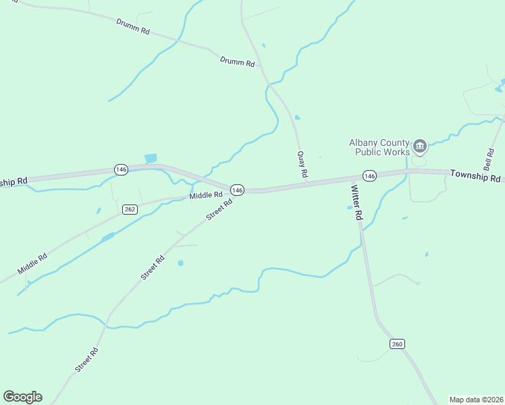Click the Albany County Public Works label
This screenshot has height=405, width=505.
pyautogui.click(x=379, y=147)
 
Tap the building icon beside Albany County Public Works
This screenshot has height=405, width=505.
pyautogui.click(x=419, y=146)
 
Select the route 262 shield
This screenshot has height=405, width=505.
pyautogui.click(x=130, y=209)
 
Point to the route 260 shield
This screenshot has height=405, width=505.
pyautogui.click(x=397, y=344)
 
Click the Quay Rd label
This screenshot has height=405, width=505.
pyautogui.click(x=302, y=165)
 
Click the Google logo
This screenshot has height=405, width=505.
pyautogui.click(x=22, y=397)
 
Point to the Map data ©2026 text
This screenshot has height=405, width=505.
pyautogui.click(x=476, y=400)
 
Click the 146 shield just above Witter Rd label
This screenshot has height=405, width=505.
pyautogui.click(x=369, y=175)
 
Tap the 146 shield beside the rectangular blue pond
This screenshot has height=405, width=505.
pyautogui.click(x=121, y=169)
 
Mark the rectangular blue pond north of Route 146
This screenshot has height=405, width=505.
pyautogui.click(x=151, y=158)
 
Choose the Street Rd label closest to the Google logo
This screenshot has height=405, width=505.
pyautogui.click(x=86, y=360)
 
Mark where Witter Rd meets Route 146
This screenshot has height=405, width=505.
pyautogui.click(x=352, y=179)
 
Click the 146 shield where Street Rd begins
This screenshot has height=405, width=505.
pyautogui.click(x=236, y=190)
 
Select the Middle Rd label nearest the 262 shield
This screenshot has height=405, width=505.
pyautogui.click(x=206, y=196)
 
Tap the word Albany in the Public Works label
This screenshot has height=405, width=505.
pyautogui.click(x=364, y=142)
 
